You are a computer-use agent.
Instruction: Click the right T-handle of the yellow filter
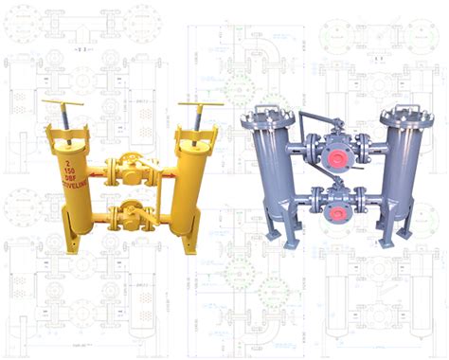[x=200, y=103]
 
